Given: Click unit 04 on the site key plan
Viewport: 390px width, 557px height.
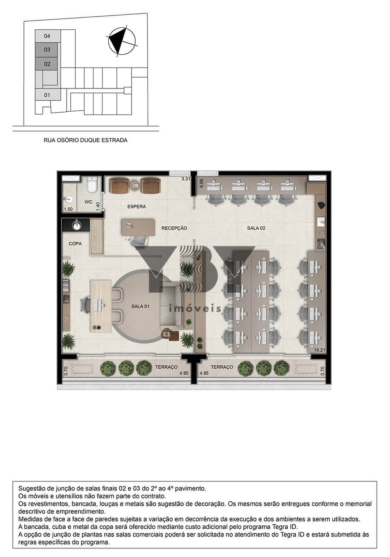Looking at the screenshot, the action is point(48,36).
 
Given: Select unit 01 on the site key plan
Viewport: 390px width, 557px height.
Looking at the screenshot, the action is point(48,95).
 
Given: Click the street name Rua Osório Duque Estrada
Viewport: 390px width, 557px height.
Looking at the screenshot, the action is point(85,140).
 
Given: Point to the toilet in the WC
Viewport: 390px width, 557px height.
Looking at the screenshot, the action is point(92,185).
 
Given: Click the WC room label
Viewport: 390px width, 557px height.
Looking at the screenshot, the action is point(89,202).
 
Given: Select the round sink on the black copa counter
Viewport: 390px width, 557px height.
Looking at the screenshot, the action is point(77,226).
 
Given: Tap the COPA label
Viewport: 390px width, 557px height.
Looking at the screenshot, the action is point(75,244).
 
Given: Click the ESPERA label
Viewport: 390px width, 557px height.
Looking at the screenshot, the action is point(136,207).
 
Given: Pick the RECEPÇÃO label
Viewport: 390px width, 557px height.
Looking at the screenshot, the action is point(174,228).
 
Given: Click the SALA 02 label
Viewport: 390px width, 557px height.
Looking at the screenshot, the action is point(256,228).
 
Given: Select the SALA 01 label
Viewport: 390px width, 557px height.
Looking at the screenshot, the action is point(140,306).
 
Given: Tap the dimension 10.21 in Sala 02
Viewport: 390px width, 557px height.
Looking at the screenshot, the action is point(319,350).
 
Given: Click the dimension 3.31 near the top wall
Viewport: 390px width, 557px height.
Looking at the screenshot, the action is point(186,179).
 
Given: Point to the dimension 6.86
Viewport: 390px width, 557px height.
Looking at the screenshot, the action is point(201,183).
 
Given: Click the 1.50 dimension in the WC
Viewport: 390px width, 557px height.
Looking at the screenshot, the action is point(68,209).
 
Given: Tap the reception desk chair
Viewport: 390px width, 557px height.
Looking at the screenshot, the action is point(139,241).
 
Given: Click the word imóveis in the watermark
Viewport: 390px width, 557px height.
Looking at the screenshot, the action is point(195,309).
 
